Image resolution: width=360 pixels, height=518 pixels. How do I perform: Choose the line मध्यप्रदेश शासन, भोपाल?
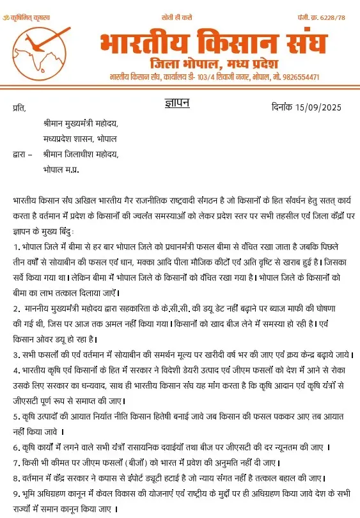pyautogui.click(x=80, y=139)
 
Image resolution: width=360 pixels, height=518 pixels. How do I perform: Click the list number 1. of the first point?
pyautogui.click(x=15, y=246)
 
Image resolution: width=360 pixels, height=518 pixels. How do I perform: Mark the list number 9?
pyautogui.click(x=15, y=494)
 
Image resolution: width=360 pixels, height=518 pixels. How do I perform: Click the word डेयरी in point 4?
pyautogui.click(x=208, y=370)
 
